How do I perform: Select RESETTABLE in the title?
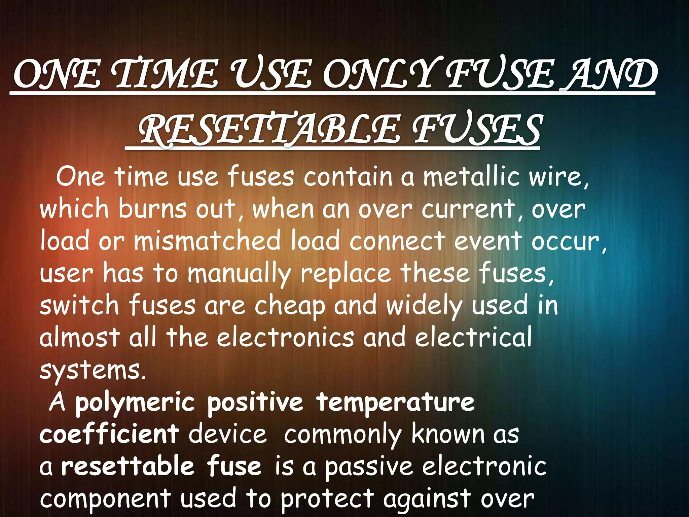269,130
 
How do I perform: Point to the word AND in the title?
611,75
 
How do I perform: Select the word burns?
152,209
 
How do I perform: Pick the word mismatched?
207,241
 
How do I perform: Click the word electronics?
285,337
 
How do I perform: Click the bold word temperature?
395,402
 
